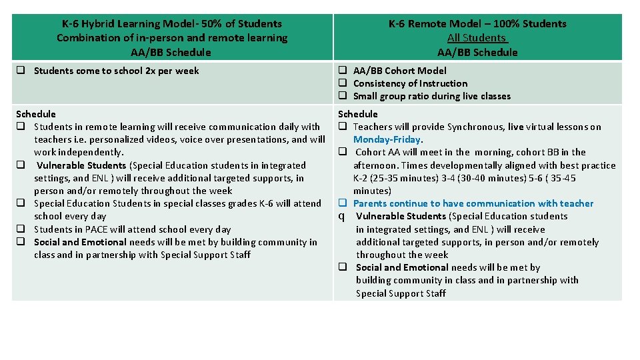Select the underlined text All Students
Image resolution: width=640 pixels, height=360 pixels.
(x=477, y=38)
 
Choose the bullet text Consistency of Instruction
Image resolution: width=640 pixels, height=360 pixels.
(x=410, y=83)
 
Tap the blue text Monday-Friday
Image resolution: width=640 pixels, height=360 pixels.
(x=388, y=139)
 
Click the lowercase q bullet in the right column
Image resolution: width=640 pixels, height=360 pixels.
(x=341, y=216)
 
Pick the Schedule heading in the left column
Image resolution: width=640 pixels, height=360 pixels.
(x=36, y=114)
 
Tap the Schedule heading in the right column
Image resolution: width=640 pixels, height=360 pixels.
(x=358, y=114)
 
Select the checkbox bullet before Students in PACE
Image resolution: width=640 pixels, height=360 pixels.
(x=21, y=229)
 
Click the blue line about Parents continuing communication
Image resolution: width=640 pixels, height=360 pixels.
(x=473, y=203)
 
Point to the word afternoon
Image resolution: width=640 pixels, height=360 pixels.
(x=377, y=165)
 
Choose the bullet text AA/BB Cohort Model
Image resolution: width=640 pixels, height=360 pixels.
(x=399, y=71)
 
